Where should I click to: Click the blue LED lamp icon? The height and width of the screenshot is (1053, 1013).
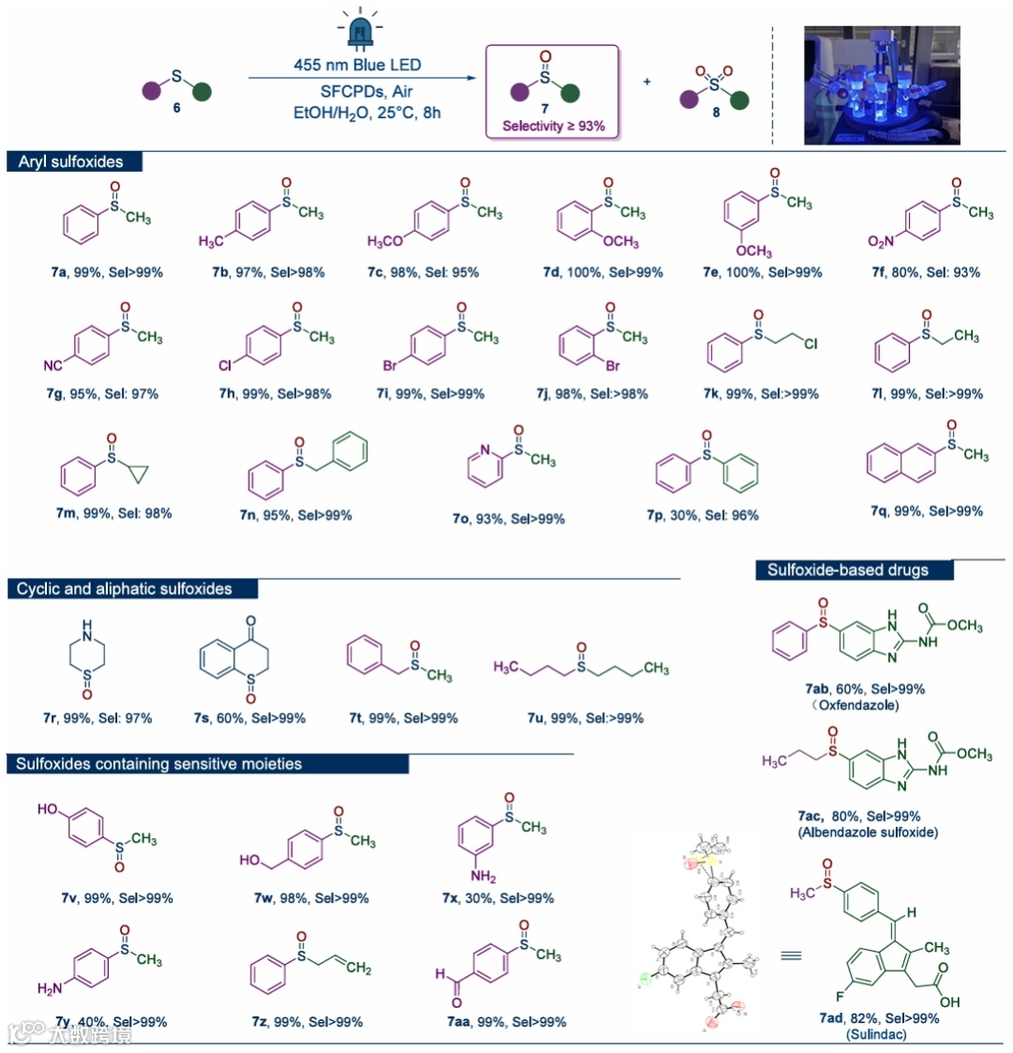pyautogui.click(x=359, y=29)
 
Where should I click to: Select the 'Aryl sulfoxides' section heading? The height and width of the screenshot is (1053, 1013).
pyautogui.click(x=71, y=161)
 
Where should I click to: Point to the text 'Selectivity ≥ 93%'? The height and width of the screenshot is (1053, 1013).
pyautogui.click(x=553, y=126)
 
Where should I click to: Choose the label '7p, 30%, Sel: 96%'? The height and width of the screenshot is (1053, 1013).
pyautogui.click(x=703, y=515)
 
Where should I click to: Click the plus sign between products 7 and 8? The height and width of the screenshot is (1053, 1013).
pyautogui.click(x=647, y=82)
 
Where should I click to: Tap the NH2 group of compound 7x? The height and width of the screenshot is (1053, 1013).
pyautogui.click(x=484, y=877)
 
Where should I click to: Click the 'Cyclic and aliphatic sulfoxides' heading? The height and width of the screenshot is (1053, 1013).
pyautogui.click(x=124, y=589)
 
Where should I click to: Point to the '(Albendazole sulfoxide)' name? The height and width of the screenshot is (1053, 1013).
pyautogui.click(x=868, y=832)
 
